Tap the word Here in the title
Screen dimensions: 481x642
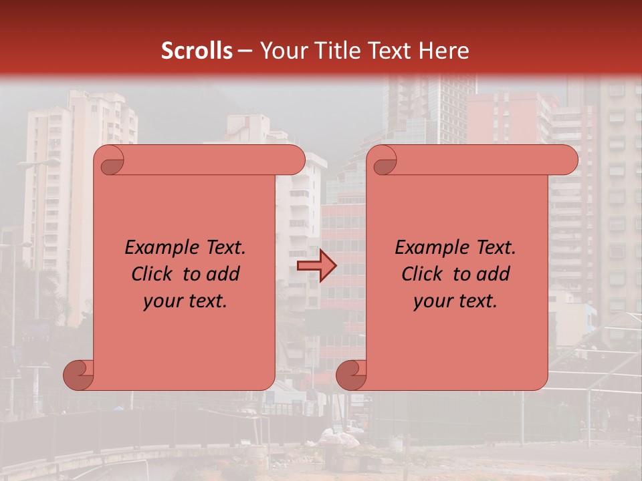click(444, 51)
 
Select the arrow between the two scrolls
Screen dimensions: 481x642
click(316, 266)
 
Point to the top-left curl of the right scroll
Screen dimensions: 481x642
click(384, 161)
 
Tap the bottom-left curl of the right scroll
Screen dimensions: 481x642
click(352, 375)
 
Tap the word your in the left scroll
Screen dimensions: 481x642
click(161, 301)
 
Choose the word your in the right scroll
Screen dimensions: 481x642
click(431, 301)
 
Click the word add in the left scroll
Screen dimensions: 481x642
click(225, 274)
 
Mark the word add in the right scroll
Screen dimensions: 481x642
click(495, 274)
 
